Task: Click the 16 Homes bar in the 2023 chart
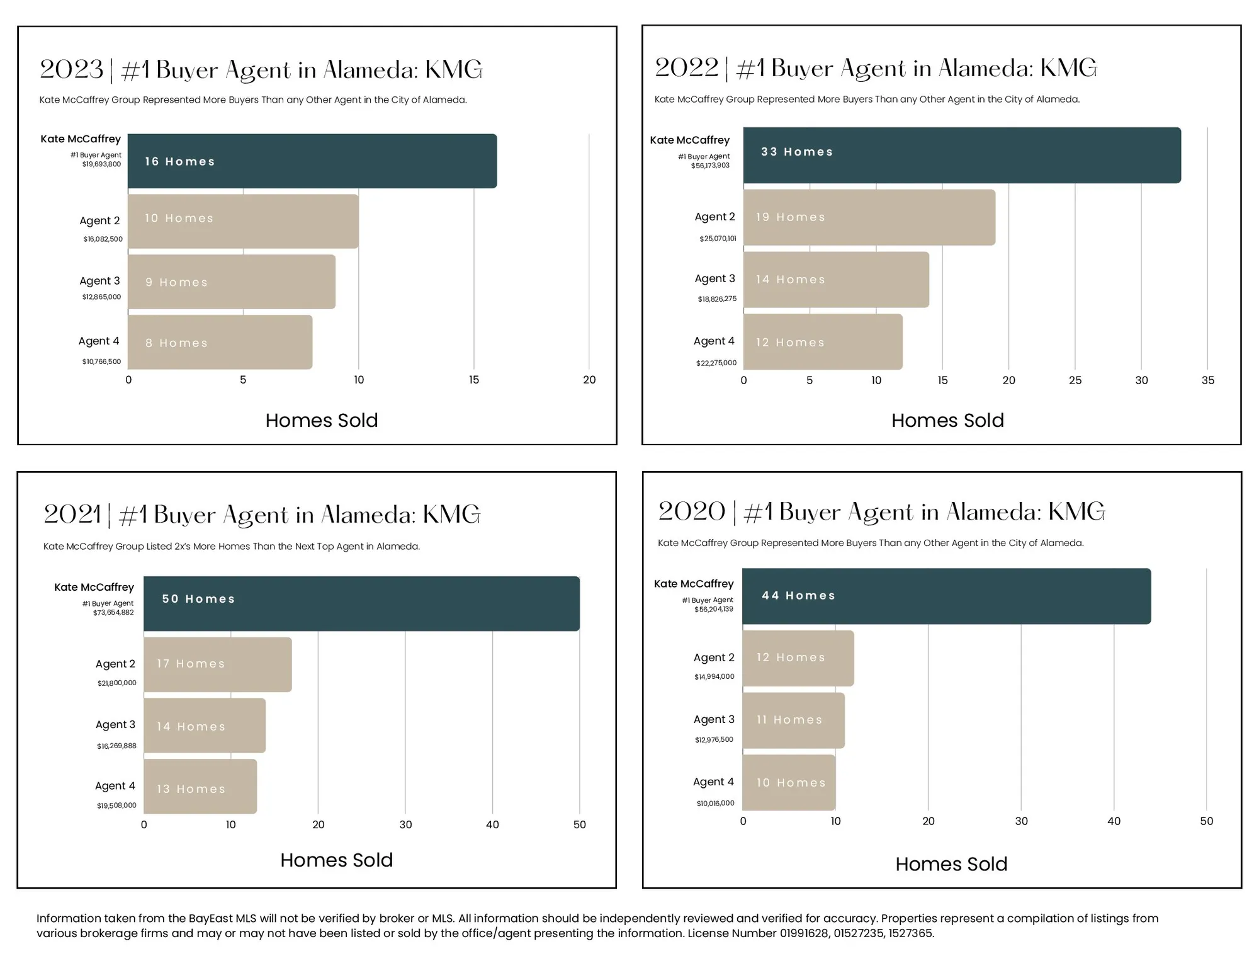(312, 161)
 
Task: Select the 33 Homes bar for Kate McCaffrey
(961, 155)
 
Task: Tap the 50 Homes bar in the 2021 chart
(361, 603)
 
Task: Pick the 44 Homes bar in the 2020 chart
(946, 596)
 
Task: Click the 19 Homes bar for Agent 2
(869, 217)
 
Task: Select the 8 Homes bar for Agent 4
(220, 342)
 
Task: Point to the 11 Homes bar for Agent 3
(793, 720)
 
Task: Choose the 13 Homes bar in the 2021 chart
(200, 787)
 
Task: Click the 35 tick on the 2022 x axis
(1207, 380)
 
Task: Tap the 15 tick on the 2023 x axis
(473, 380)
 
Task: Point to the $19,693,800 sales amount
(101, 164)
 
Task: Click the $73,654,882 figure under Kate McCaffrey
(113, 613)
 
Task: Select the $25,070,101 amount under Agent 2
(718, 239)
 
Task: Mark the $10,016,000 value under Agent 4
(715, 803)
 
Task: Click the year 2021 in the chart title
(71, 515)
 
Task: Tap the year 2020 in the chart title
(691, 511)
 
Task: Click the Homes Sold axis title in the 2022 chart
(947, 420)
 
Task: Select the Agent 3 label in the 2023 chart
(99, 281)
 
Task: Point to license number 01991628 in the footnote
(804, 933)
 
